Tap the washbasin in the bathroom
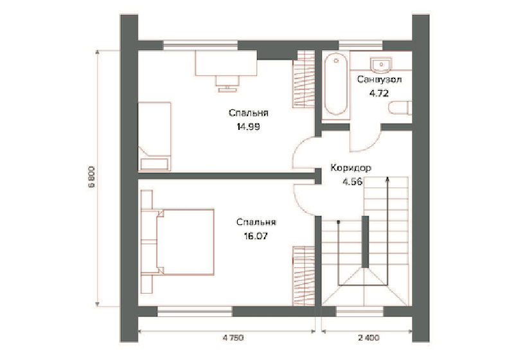(x=381, y=64)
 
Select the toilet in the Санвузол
(x=400, y=108)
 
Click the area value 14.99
(x=248, y=127)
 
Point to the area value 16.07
(x=256, y=236)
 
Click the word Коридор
(x=351, y=168)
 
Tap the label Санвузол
(x=379, y=79)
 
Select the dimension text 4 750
(x=233, y=337)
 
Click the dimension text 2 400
(x=368, y=337)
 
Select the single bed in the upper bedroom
(x=154, y=136)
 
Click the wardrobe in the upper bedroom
(x=303, y=79)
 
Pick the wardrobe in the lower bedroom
(x=303, y=276)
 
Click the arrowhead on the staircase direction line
(x=387, y=179)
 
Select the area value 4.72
(x=379, y=93)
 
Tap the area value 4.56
(x=352, y=182)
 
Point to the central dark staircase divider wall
(x=365, y=242)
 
